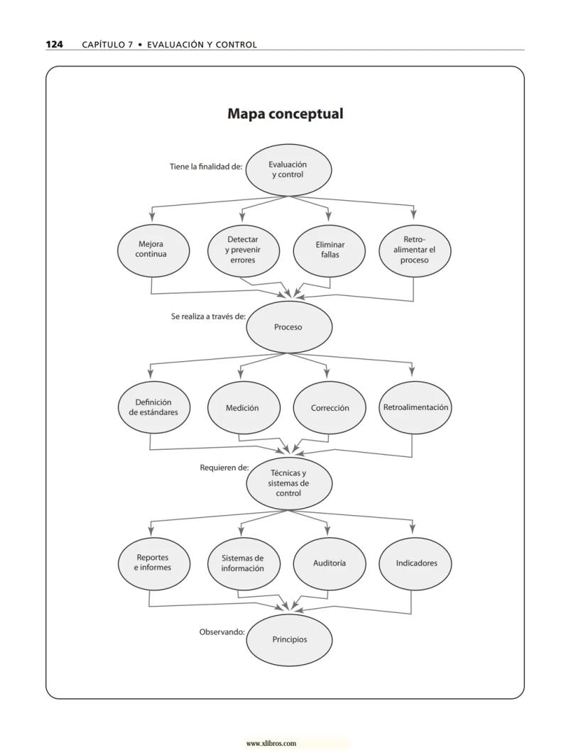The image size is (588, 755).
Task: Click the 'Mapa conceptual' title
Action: (x=285, y=114)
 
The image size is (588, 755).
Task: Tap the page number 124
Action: (x=54, y=44)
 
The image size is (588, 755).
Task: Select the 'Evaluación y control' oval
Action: (x=288, y=170)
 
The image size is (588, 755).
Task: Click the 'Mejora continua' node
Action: (x=151, y=249)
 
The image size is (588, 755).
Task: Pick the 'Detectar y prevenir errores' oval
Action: (x=243, y=250)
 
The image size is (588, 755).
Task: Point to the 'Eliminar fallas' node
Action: (x=330, y=250)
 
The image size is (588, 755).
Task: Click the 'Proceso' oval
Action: (x=288, y=327)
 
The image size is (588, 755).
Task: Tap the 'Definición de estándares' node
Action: (x=153, y=407)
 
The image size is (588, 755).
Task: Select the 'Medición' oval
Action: (x=242, y=408)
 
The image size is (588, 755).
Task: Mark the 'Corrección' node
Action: (x=330, y=408)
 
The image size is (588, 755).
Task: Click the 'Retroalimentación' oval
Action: (x=415, y=407)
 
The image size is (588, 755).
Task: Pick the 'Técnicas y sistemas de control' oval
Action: (x=288, y=483)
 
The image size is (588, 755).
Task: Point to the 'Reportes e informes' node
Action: (x=153, y=563)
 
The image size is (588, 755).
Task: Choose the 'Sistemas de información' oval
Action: (x=242, y=563)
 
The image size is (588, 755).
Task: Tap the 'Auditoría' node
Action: (x=330, y=563)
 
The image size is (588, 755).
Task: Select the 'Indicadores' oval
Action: (x=417, y=563)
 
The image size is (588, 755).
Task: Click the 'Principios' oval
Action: (x=289, y=639)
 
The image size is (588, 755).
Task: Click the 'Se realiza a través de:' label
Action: (x=208, y=316)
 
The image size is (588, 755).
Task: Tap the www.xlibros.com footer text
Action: (x=271, y=744)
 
